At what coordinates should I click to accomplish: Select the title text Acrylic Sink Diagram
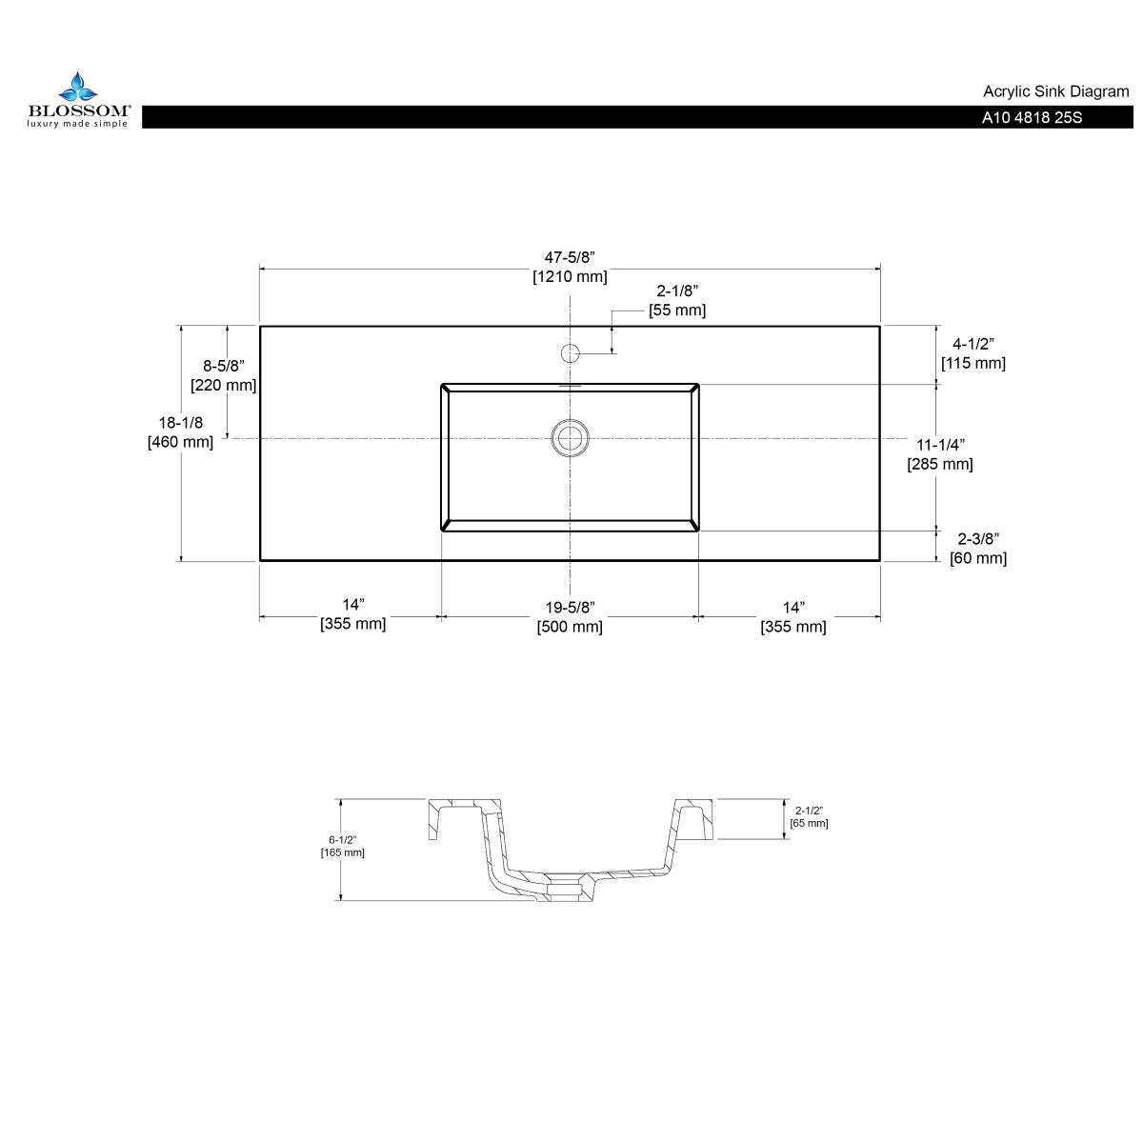(x=1055, y=91)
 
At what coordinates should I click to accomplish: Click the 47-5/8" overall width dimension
(x=570, y=257)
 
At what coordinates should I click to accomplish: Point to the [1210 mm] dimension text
(x=570, y=277)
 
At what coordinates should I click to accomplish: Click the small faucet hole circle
(x=570, y=353)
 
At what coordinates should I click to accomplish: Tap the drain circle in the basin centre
(x=570, y=437)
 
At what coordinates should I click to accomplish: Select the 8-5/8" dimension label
(x=224, y=365)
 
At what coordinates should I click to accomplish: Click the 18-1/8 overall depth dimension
(x=181, y=422)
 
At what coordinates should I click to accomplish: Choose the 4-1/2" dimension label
(x=973, y=343)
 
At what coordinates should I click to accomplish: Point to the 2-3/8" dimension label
(x=977, y=538)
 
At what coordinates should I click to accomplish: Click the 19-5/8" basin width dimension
(x=570, y=606)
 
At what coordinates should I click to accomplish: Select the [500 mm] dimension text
(x=570, y=627)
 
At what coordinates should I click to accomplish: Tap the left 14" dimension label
(x=353, y=605)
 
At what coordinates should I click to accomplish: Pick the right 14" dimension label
(x=792, y=606)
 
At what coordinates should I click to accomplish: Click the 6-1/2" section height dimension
(x=342, y=839)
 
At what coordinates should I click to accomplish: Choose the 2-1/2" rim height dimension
(x=809, y=811)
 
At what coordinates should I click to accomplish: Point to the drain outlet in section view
(x=565, y=891)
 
